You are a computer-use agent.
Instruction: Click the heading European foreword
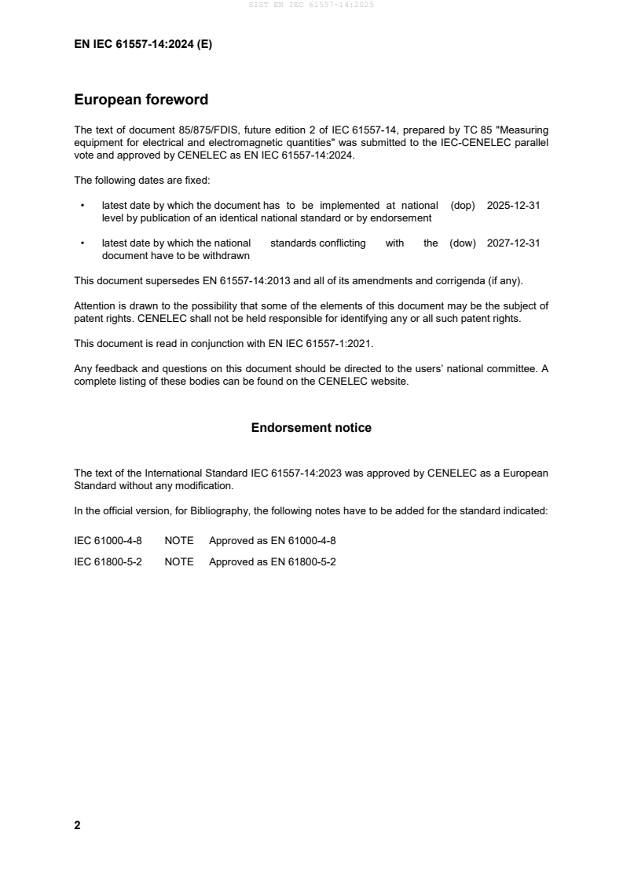(141, 100)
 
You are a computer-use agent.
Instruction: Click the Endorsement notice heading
(311, 428)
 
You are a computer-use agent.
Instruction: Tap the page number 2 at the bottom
(77, 825)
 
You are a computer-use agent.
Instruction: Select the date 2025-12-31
(513, 205)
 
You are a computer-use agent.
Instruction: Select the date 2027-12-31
(513, 243)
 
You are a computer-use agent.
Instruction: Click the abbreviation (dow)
(463, 243)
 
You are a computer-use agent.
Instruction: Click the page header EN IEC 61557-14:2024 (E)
(143, 45)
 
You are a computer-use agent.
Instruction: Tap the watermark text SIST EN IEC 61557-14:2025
(311, 5)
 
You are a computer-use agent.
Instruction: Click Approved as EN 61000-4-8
(272, 541)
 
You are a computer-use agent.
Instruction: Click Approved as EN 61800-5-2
(272, 562)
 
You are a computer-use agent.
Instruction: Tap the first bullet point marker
(82, 206)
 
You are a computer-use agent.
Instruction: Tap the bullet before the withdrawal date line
(82, 244)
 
